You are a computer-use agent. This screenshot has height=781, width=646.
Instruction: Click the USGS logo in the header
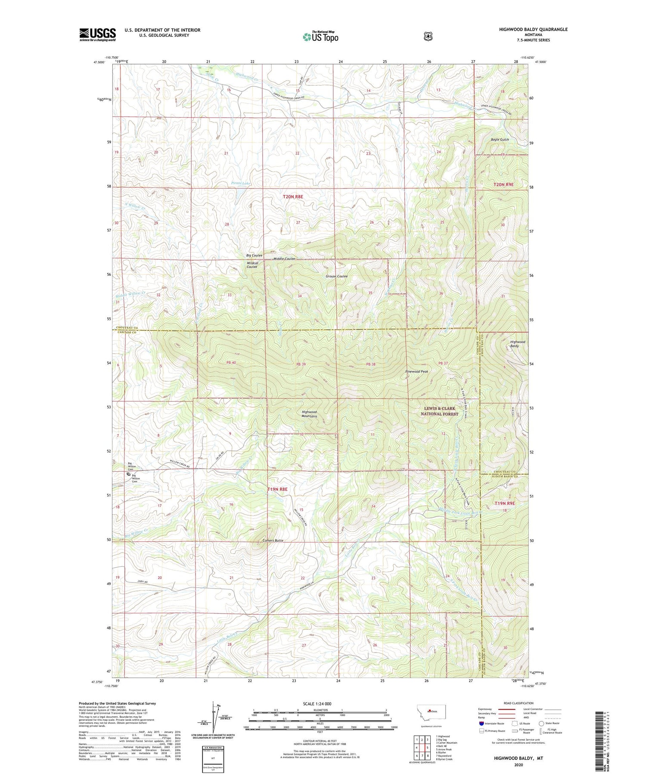tap(97, 34)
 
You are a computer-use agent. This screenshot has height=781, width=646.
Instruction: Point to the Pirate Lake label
tap(241, 184)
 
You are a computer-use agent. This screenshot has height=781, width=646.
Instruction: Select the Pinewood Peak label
tap(416, 371)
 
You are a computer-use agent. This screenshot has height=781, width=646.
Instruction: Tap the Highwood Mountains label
tap(309, 414)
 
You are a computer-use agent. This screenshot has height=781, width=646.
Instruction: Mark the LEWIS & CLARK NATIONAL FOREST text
tap(439, 411)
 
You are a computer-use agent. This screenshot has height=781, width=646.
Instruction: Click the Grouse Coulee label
tap(336, 276)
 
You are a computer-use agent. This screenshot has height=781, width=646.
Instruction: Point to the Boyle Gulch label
tap(500, 140)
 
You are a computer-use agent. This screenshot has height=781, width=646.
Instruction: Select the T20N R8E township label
tap(293, 196)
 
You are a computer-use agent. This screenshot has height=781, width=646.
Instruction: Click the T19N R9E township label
tap(504, 503)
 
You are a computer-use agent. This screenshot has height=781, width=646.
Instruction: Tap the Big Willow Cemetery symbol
tap(128, 474)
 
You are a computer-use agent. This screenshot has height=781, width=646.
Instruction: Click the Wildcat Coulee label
tap(252, 264)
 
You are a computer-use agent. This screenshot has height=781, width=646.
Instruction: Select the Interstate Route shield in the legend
tap(481, 724)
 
